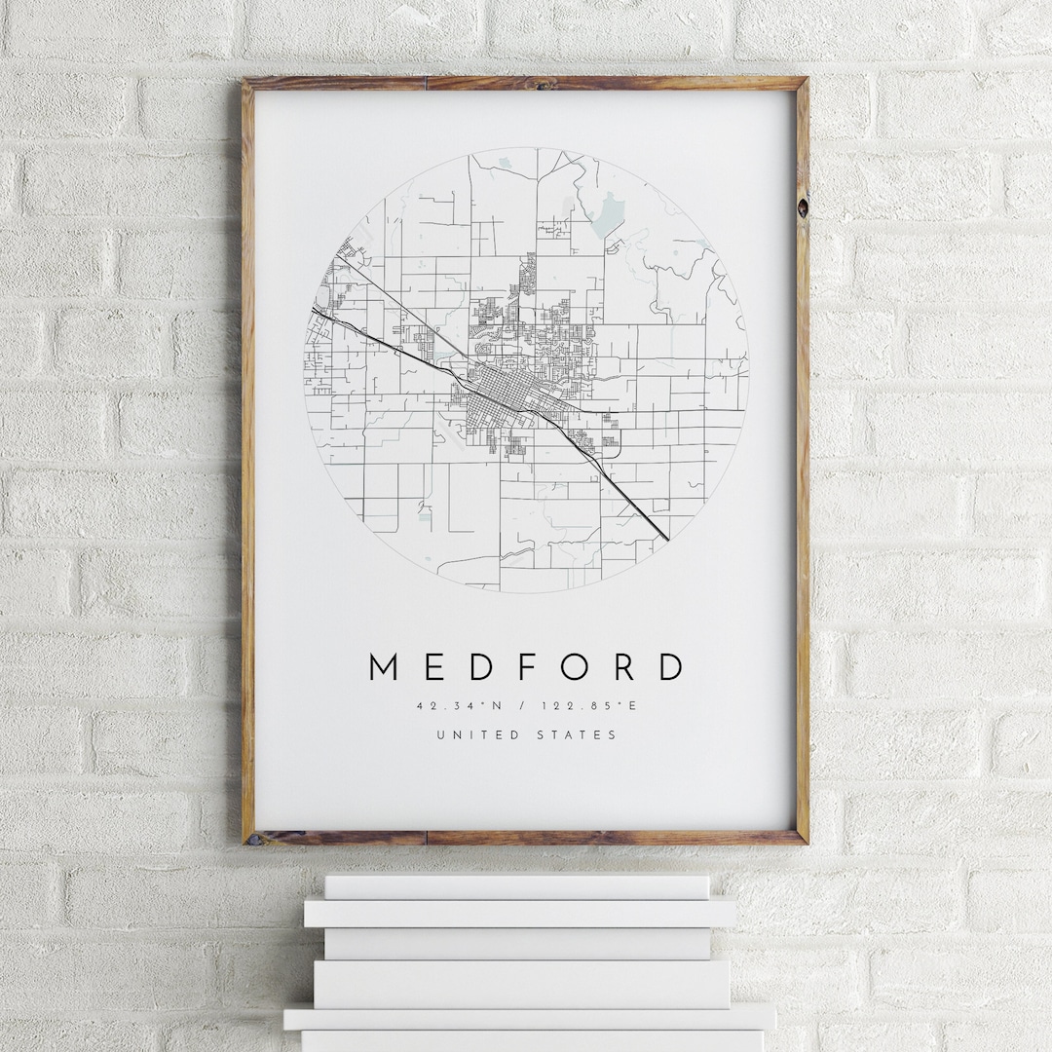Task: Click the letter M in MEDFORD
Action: [x=387, y=667]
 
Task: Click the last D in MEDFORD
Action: [x=670, y=667]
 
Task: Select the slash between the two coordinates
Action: [x=525, y=705]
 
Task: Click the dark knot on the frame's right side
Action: [x=802, y=207]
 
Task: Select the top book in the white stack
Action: [x=516, y=886]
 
